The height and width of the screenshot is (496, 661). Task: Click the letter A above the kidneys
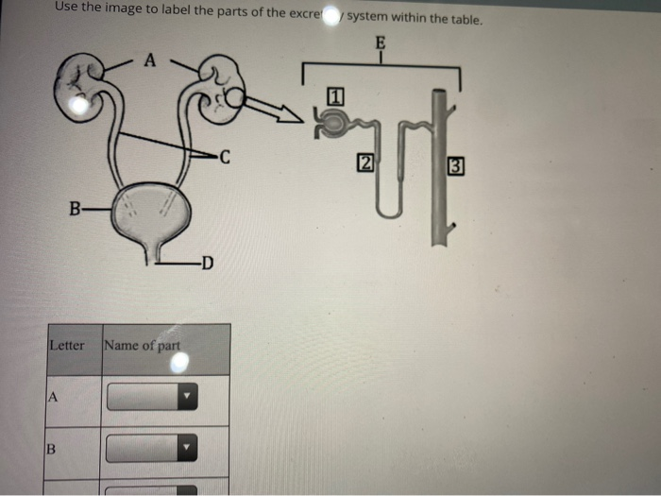pyautogui.click(x=147, y=60)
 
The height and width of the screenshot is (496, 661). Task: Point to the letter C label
pyautogui.click(x=223, y=157)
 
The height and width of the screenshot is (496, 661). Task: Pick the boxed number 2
pyautogui.click(x=364, y=162)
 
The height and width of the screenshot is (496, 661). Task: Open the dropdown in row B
pyautogui.click(x=152, y=448)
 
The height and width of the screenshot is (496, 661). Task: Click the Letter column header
pyautogui.click(x=67, y=346)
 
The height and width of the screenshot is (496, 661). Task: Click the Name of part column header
pyautogui.click(x=142, y=346)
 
